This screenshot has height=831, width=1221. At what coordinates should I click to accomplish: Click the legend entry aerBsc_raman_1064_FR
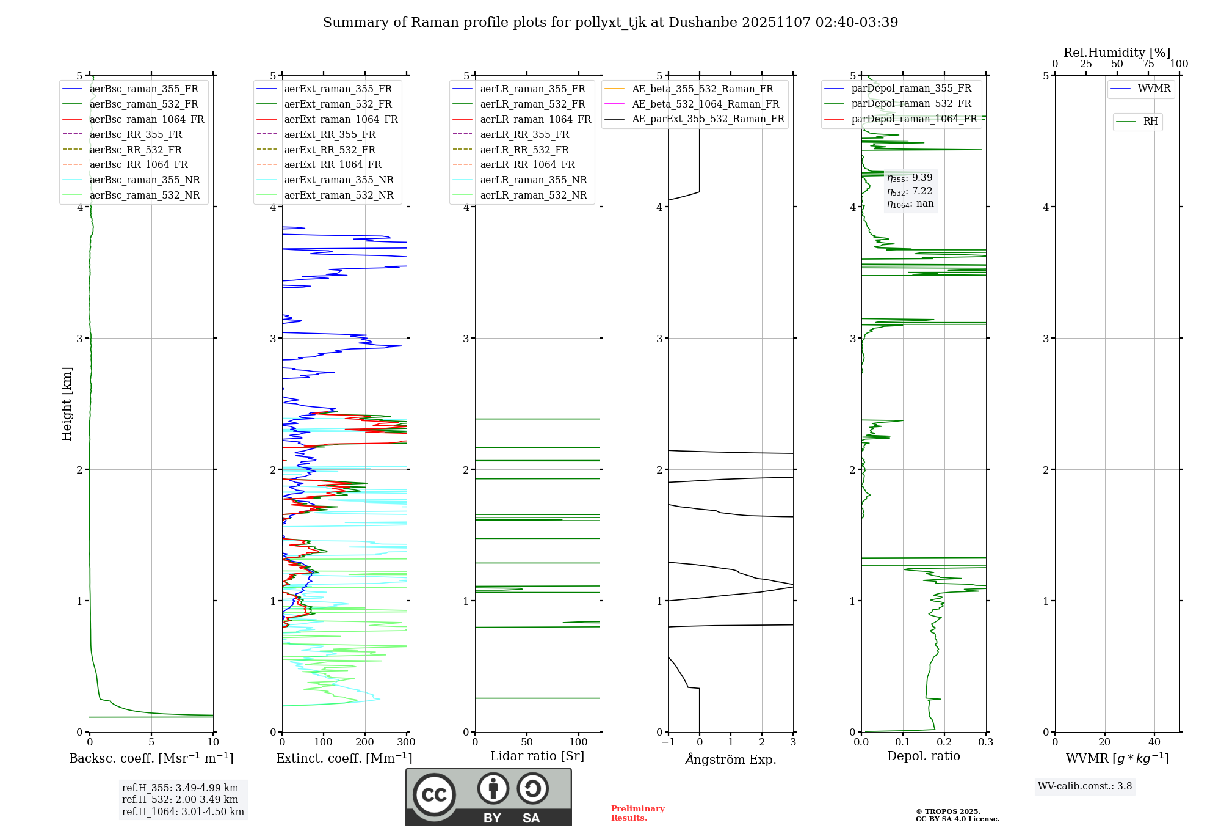tap(147, 120)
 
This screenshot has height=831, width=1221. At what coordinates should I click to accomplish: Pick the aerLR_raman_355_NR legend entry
tap(533, 180)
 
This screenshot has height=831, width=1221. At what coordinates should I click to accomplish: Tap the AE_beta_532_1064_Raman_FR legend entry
tap(705, 104)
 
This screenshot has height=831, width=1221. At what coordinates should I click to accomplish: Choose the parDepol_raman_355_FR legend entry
tap(911, 89)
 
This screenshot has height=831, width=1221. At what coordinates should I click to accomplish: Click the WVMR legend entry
tap(1154, 89)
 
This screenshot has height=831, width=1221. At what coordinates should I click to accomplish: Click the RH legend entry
tap(1150, 122)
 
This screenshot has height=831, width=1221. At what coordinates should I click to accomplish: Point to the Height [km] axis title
tap(67, 404)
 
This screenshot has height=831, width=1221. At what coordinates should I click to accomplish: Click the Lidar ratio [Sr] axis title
tap(537, 756)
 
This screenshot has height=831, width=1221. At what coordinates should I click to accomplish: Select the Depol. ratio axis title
tap(923, 756)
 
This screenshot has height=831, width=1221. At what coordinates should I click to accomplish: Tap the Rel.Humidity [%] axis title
tap(1117, 53)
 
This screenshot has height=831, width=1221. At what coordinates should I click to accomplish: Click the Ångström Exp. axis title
tap(731, 760)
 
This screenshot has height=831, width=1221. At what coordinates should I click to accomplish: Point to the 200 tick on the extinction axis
tap(364, 742)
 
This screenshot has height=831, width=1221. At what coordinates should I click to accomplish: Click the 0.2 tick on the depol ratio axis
tap(944, 742)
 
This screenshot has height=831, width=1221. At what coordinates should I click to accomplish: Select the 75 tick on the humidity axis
tap(1148, 64)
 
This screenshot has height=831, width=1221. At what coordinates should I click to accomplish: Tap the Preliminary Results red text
tap(637, 813)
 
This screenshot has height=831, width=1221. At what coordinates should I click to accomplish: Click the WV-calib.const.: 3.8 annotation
tap(1084, 786)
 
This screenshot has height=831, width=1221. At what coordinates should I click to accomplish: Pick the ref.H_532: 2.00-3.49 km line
tap(180, 800)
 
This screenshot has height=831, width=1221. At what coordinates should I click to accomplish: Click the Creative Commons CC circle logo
tap(434, 794)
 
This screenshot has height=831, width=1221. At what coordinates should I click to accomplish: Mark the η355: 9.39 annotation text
tap(910, 178)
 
